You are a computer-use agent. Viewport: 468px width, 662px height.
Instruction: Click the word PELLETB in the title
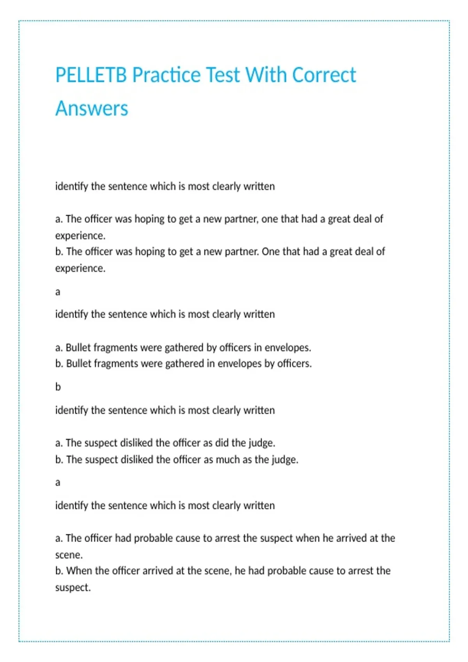[91, 75]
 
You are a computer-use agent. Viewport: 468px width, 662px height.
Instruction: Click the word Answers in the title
[92, 108]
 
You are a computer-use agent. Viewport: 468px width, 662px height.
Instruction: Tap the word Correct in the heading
[324, 75]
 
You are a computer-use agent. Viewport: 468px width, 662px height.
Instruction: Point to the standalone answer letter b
[58, 387]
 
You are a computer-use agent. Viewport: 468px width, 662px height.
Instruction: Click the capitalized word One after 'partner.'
[271, 252]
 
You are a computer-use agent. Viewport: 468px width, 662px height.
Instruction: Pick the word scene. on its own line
[69, 555]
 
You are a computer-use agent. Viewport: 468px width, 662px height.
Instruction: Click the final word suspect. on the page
[73, 587]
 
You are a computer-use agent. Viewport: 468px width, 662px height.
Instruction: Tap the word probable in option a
[153, 538]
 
